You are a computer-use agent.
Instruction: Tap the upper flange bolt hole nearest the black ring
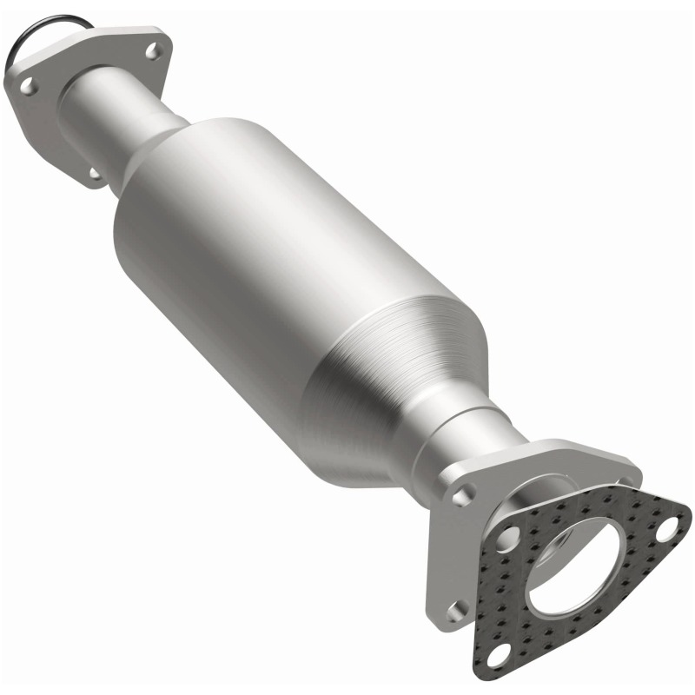[x=27, y=86]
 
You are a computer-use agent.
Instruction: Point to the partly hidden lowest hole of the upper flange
[x=94, y=174]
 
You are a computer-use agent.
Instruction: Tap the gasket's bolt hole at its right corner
[x=668, y=527]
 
